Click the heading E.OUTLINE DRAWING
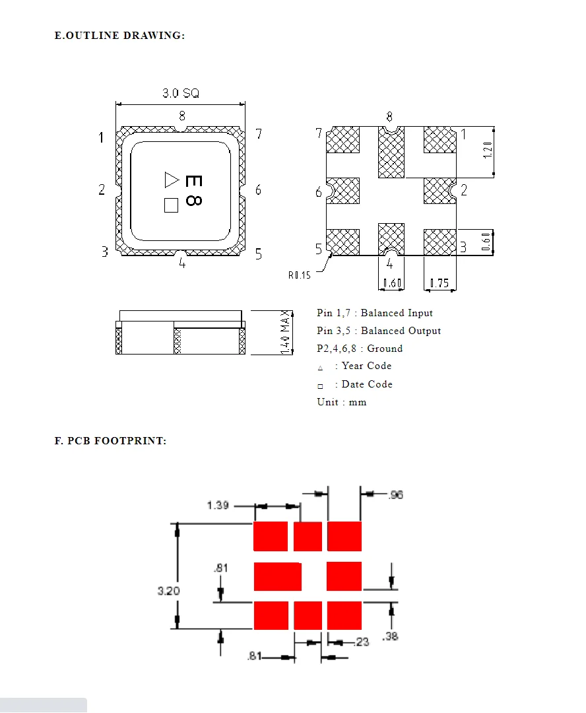[119, 35]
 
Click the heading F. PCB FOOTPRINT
[110, 440]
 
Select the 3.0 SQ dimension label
[181, 94]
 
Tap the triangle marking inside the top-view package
[172, 179]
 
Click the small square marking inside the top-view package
[172, 205]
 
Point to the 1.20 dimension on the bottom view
[488, 151]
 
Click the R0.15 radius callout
[299, 275]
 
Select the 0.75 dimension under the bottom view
[439, 284]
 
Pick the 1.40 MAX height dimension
[286, 331]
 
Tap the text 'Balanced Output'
[401, 331]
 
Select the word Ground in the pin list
[385, 349]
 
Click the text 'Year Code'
[366, 366]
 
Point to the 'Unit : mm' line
[341, 402]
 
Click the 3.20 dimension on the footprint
[168, 591]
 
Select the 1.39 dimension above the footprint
[218, 505]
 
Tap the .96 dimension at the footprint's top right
[396, 494]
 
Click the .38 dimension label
[391, 636]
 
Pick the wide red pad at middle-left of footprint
[277, 576]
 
